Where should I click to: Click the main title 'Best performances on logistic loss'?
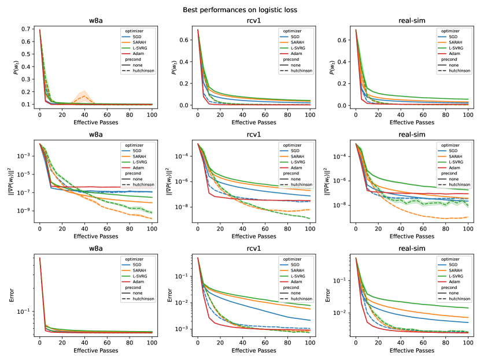click(x=240, y=10)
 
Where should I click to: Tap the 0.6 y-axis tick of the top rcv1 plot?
click(x=187, y=40)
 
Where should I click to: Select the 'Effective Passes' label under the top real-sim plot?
click(x=412, y=122)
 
